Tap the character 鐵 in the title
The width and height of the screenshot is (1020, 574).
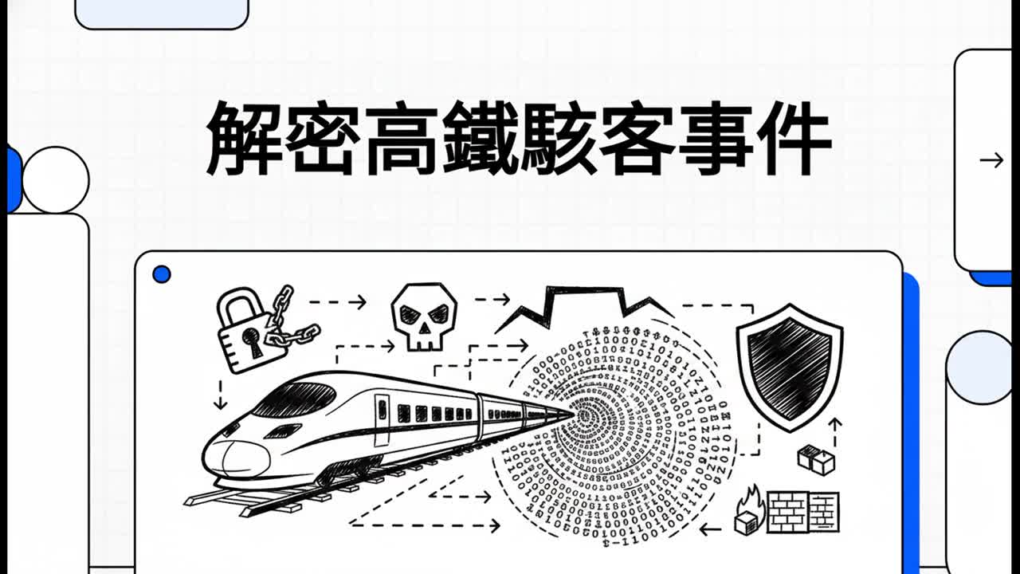[x=481, y=139]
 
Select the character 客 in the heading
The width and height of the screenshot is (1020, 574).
[x=637, y=139]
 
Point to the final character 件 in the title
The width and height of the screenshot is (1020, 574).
[x=794, y=139]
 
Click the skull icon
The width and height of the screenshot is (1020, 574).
[x=424, y=316]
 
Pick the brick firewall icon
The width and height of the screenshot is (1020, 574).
[x=803, y=512]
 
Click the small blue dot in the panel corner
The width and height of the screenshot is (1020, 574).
[x=162, y=275]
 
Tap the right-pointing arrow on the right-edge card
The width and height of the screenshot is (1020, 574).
[x=991, y=160]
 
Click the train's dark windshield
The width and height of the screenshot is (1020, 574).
[x=295, y=399]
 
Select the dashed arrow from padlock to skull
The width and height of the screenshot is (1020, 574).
[x=338, y=301]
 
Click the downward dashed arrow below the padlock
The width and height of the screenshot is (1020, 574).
[x=221, y=395]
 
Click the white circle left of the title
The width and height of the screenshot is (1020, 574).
[x=56, y=180]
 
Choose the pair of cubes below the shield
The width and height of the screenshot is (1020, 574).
[x=817, y=459]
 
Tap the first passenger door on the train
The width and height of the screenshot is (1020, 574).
[x=382, y=420]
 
